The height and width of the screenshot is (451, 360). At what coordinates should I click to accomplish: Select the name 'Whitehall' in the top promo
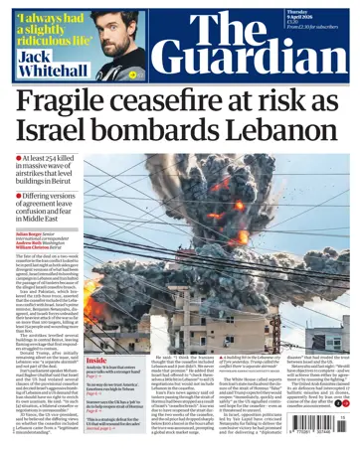click(54, 71)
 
